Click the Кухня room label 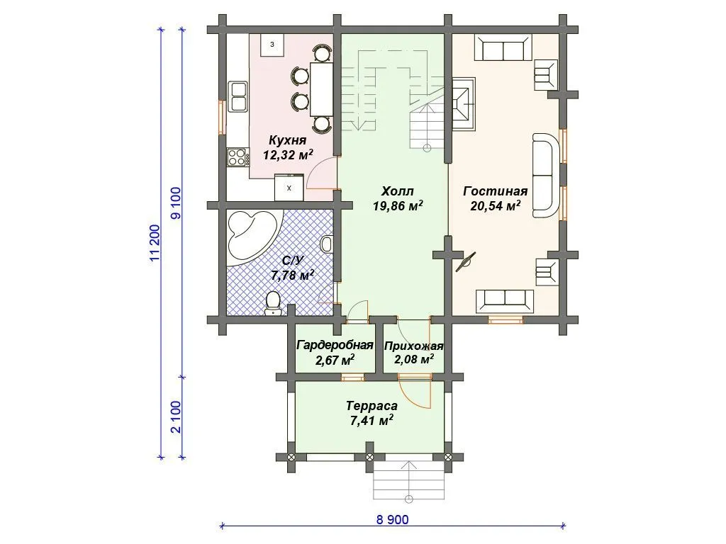pos(288,140)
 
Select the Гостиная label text pos(495,191)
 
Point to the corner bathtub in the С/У pos(253,238)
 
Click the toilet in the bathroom pos(273,303)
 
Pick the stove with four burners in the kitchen pos(237,157)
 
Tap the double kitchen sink pos(238,96)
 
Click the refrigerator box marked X pos(289,187)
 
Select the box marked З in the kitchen pos(273,45)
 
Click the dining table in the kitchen pos(322,89)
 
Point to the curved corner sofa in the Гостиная pos(547,175)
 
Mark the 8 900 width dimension pos(392,519)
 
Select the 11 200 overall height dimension pos(155,244)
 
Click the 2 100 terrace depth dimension pos(176,416)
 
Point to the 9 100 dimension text pos(176,203)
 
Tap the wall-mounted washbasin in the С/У pos(326,244)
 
